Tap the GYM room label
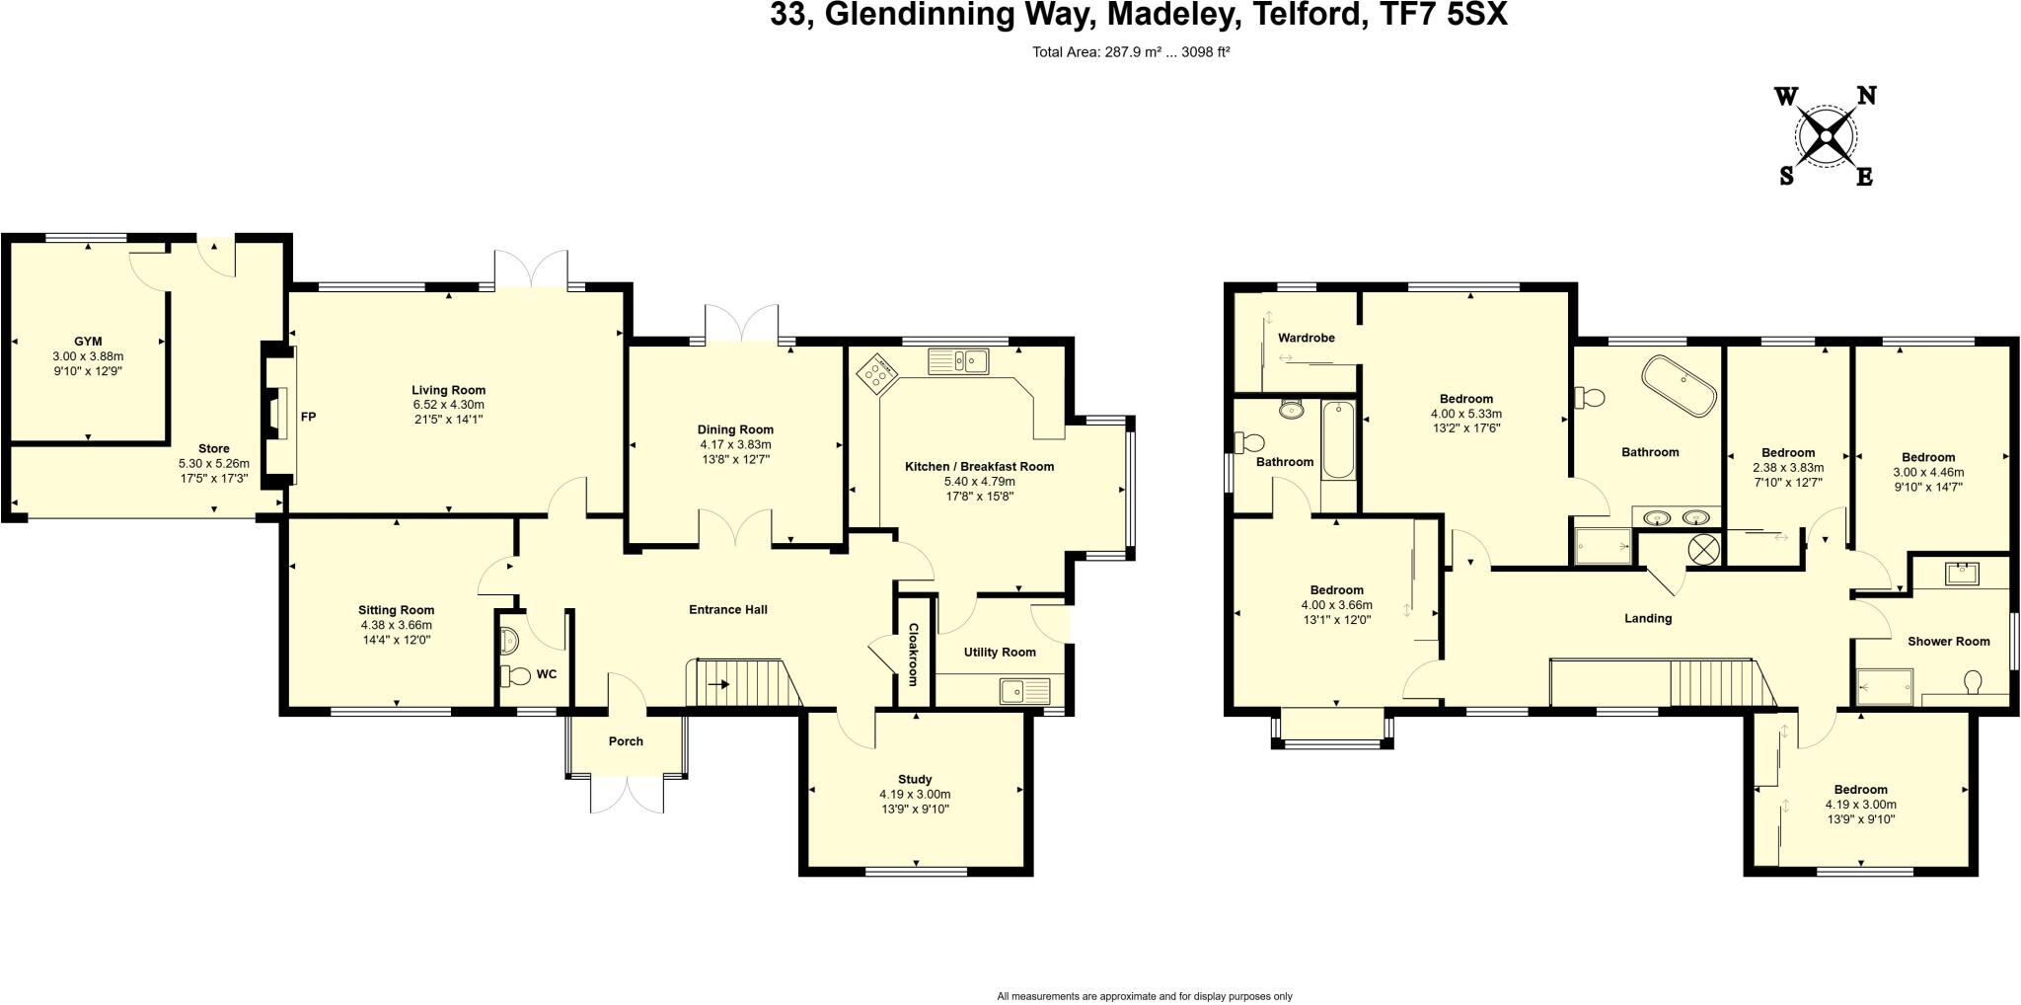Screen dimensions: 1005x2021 88,342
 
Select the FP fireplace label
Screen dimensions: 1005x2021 308,418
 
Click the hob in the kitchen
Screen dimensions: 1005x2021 875,373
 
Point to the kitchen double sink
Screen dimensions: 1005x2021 958,361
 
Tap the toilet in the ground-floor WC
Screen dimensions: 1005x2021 515,676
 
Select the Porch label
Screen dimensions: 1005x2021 626,741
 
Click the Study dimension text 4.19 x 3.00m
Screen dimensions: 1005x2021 915,794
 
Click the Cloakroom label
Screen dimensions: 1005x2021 913,654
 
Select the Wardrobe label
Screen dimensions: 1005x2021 1306,338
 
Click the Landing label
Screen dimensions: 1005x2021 1648,619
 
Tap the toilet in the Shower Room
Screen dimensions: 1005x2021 1974,682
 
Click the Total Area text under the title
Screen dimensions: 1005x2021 1130,52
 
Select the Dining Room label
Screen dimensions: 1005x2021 735,429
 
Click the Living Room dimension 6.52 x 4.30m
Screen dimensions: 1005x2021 449,405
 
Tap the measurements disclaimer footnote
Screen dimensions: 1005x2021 1144,996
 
